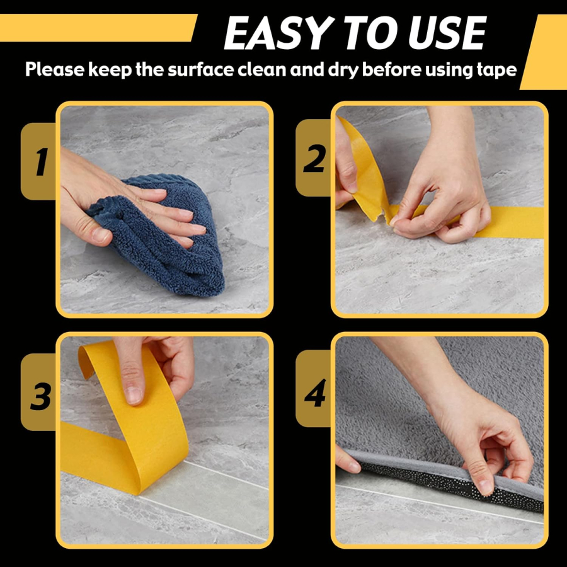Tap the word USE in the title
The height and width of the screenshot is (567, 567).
point(448,33)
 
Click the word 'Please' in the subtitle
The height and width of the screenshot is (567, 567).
point(54,69)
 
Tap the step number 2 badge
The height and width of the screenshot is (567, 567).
point(314,158)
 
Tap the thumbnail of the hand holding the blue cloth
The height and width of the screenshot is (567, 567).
point(101,236)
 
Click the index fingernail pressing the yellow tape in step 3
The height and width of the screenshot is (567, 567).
point(134,396)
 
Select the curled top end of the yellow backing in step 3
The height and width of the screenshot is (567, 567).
point(87,358)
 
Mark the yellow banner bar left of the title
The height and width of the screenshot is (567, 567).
point(98,28)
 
